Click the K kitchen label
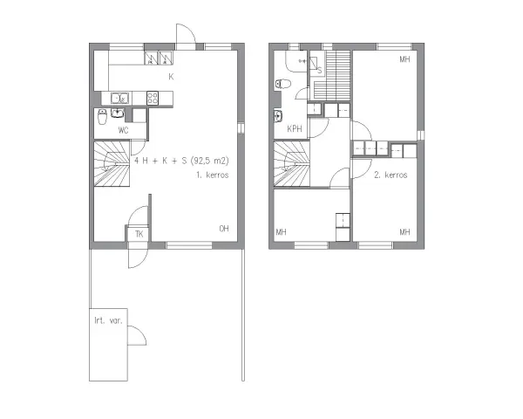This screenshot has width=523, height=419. coord(171,77)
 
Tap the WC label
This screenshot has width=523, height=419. coord(124,130)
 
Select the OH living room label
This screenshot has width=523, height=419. coord(224,229)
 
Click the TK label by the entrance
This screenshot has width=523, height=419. coord(139,234)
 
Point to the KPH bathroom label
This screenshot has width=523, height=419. coord(295,128)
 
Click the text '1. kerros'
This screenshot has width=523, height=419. coord(213,175)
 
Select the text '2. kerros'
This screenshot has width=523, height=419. coord(391,175)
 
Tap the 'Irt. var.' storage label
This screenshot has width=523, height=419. coord(108,320)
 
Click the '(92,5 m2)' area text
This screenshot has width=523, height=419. coord(210,161)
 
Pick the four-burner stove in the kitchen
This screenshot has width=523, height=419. coord(153,99)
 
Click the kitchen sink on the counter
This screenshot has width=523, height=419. coord(119,99)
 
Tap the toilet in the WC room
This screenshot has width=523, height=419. coord(102,117)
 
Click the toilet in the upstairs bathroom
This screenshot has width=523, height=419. coord(283,84)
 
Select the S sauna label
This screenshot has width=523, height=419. coord(320,71)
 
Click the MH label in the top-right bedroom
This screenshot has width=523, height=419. coord(404,59)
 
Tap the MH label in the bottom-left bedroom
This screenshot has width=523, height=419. coord(282,232)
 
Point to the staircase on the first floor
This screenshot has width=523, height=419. coord(112,163)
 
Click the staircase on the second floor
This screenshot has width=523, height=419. coord(291,163)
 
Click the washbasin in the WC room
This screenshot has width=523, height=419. coord(118,113)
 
